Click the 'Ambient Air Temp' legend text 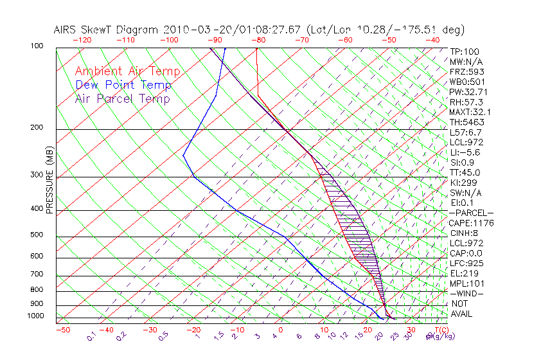point(127,71)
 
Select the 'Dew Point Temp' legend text point(123,85)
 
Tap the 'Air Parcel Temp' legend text point(122,98)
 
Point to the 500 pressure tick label point(37,235)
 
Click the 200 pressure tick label point(37,127)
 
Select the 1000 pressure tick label point(35,316)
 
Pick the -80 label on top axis point(258,39)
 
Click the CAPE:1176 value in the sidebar point(471,223)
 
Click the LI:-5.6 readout point(465,152)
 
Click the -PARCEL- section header point(472,213)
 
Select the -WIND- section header point(467,293)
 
